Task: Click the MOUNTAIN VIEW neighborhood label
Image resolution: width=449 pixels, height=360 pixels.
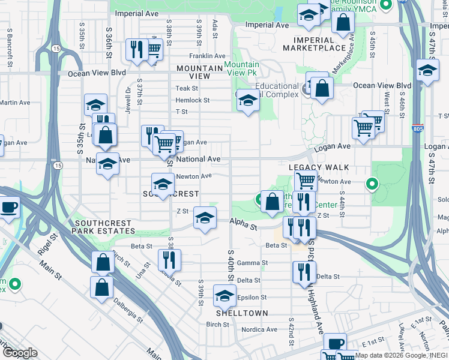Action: point(201,72)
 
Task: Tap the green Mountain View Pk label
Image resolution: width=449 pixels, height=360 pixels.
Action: point(242,68)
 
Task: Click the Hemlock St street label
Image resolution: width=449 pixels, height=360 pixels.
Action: point(193,100)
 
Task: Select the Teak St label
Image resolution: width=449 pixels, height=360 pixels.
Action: point(182,88)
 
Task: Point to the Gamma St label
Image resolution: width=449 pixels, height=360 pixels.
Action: point(252,263)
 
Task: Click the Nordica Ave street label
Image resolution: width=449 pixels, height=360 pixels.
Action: point(259,329)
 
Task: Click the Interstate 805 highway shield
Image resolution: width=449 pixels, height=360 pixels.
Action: point(418,128)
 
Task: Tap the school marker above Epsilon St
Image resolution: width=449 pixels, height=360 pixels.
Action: point(224,295)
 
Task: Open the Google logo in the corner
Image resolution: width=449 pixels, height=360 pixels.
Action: point(20,353)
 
